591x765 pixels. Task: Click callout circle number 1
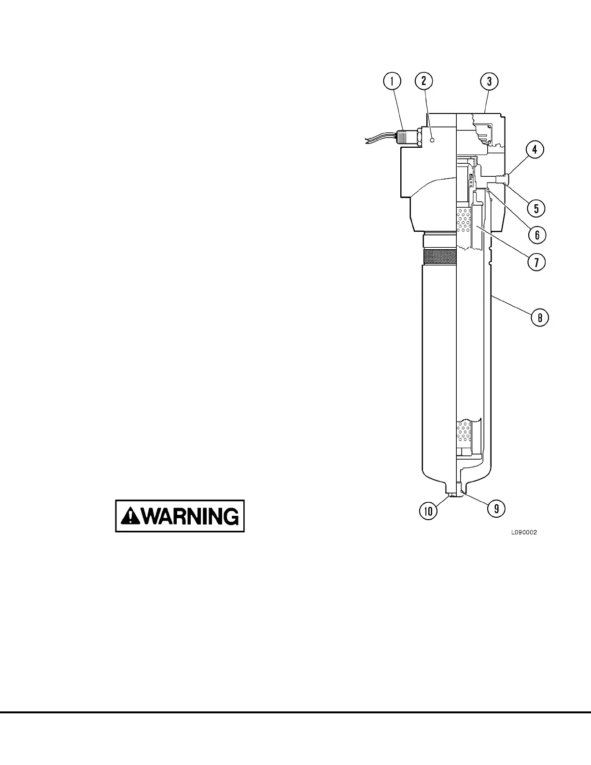click(392, 81)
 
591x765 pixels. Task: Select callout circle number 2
click(423, 81)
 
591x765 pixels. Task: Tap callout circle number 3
click(489, 81)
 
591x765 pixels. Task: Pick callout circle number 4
click(535, 150)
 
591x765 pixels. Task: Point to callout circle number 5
click(536, 208)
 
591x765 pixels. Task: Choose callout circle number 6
click(536, 235)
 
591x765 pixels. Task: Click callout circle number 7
click(536, 262)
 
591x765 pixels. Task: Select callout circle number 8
click(539, 318)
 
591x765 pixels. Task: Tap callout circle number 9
click(496, 508)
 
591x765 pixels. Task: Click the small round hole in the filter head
click(433, 140)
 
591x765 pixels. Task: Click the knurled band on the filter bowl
click(439, 256)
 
